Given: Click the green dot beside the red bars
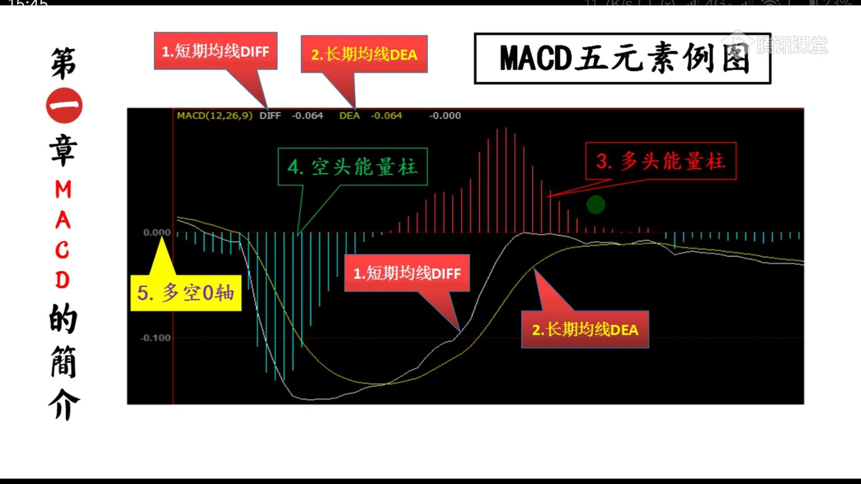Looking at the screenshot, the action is [596, 205].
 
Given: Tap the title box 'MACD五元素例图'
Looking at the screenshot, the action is [622, 58].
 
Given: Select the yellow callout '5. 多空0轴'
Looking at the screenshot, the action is [186, 293].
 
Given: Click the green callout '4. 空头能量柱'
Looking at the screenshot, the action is [352, 167].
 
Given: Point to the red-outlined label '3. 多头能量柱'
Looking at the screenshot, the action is [661, 161].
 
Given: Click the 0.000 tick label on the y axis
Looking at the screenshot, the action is [157, 233].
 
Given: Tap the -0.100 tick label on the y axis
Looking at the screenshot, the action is [155, 338].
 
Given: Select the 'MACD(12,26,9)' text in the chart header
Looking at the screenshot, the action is [214, 116].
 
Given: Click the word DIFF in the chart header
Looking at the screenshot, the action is [270, 116].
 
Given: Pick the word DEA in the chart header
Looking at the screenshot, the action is [349, 116].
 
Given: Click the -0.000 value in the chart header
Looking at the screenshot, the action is [444, 116].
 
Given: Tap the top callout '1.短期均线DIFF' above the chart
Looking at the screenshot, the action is [216, 51].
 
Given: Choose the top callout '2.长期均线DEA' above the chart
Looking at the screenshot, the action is [364, 54].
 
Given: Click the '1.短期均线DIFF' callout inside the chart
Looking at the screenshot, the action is [407, 273].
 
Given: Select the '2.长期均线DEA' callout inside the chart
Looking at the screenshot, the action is [585, 329].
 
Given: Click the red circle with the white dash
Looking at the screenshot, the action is [64, 106].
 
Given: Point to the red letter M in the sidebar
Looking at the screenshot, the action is [63, 190].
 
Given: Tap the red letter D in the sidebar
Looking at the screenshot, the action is [62, 280].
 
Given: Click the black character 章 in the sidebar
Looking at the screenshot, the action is [63, 150].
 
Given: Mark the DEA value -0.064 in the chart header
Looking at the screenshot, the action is [386, 116].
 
